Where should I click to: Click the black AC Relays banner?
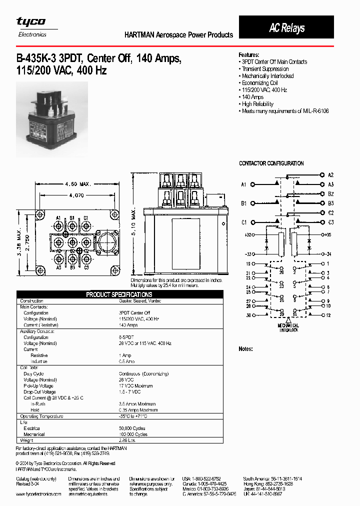tap(286, 28)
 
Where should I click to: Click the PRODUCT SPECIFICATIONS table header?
tap(119, 294)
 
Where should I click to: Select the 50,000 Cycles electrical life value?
tap(133, 428)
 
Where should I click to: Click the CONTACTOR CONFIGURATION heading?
tap(271, 163)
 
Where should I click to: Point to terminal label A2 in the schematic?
tap(330, 175)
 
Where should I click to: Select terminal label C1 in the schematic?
tap(243, 222)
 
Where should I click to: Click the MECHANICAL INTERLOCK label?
tap(288, 328)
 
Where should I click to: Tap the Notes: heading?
tap(245, 348)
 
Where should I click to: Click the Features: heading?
tap(248, 54)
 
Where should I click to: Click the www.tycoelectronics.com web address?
tap(38, 493)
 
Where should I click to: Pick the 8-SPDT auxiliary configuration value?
tap(126, 337)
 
